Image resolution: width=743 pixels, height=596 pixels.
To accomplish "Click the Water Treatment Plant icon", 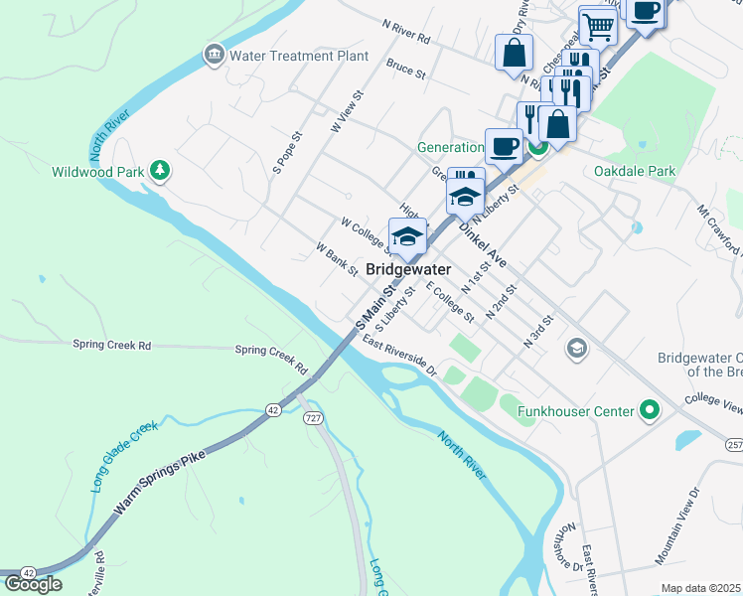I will pos(214,55).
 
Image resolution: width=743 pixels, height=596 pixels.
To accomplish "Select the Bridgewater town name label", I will pos(408,269).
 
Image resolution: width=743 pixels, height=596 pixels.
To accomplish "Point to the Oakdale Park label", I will pos(634,171).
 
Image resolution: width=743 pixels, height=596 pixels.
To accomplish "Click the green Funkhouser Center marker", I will pos(650,409).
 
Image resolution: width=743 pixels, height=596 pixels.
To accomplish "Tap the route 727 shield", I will pos(314,418).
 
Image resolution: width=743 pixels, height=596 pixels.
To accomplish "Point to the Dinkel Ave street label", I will pos(483,244).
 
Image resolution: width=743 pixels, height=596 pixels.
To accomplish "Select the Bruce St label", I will pos(405,73).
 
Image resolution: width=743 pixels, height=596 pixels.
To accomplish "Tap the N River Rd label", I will pos(406,39).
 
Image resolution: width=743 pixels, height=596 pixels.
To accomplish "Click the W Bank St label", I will pos(336,260).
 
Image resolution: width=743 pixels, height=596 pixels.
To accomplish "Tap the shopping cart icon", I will pos(597,28).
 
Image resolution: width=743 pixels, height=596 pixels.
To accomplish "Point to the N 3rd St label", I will pos(537,331).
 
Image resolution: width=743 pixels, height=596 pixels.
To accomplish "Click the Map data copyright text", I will pos(701,588).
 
